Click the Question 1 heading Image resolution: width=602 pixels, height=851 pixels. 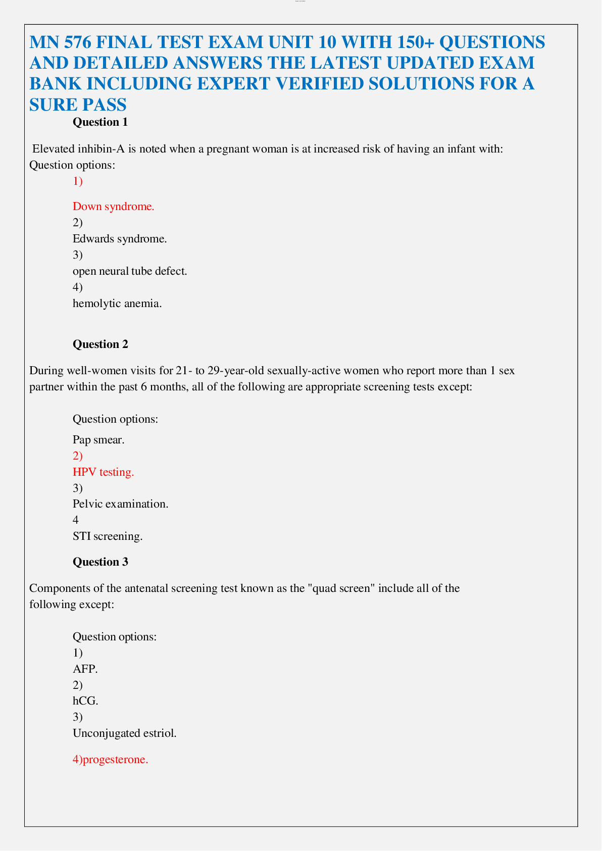pos(100,122)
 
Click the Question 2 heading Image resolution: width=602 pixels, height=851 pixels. pos(100,344)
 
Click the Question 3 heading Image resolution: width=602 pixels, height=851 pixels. pos(100,562)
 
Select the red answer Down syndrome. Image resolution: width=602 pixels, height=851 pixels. pos(113,206)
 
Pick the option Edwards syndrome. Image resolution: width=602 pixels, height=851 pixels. pos(120,238)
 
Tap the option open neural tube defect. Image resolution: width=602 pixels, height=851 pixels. pos(130,271)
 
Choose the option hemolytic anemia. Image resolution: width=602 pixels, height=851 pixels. pos(117,303)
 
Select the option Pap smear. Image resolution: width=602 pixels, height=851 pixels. pos(98,439)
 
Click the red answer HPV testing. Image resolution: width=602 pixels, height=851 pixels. pos(104,472)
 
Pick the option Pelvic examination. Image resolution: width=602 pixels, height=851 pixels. pos(120,504)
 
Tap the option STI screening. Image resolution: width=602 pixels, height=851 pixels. pos(108,536)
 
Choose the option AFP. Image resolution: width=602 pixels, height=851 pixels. pos(85,669)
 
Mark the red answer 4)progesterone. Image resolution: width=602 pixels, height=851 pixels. pos(110,760)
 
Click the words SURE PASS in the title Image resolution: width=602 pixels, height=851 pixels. pos(78,104)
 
